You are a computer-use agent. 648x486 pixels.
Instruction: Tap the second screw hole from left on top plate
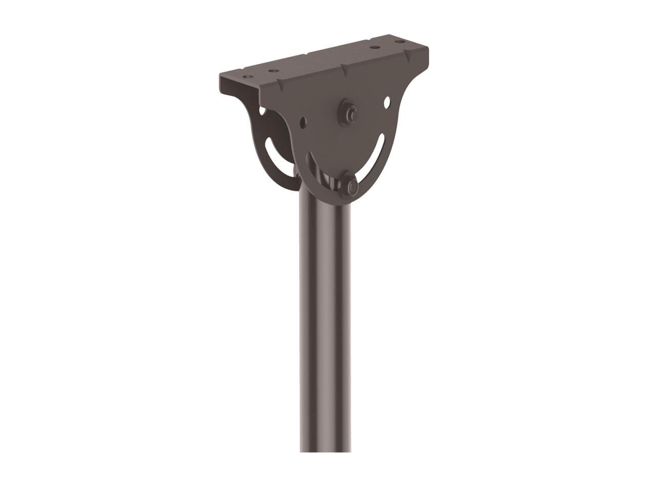click(x=273, y=71)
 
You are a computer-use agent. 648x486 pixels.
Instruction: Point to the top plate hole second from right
click(x=376, y=48)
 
